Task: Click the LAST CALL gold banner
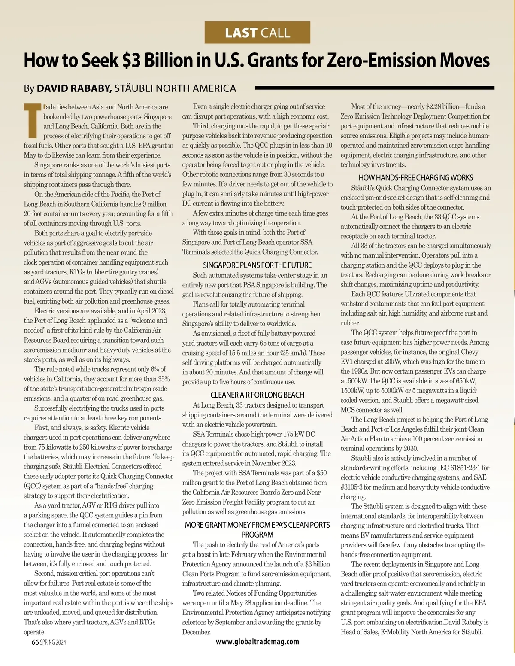[257, 33]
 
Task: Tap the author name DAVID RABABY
[74, 88]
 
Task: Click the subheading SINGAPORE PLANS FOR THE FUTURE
[257, 265]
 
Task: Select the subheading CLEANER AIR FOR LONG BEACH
[257, 395]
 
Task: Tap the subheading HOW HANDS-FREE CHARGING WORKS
[415, 177]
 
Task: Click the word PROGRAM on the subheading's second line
[257, 535]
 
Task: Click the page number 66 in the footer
[35, 642]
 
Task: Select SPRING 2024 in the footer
[53, 642]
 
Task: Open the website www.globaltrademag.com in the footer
[257, 641]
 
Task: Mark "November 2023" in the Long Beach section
[275, 463]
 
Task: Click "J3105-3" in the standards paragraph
[352, 487]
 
